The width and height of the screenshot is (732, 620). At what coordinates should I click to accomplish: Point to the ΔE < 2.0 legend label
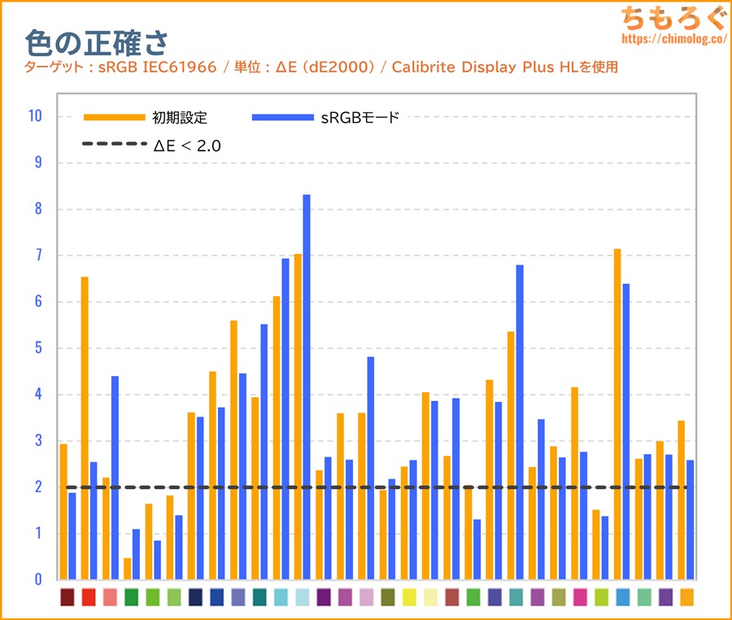click(187, 146)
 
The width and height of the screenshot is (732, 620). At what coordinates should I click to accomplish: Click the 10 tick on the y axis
click(34, 116)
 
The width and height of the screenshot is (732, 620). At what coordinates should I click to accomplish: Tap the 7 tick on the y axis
click(37, 255)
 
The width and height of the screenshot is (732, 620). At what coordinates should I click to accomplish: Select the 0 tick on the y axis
click(37, 579)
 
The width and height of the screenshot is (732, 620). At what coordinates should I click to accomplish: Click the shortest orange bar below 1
click(128, 568)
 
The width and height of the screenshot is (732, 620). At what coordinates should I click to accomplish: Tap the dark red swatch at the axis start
click(68, 597)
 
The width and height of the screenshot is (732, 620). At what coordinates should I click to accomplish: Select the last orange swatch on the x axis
click(686, 597)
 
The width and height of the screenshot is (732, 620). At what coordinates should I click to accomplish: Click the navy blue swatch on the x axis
click(195, 597)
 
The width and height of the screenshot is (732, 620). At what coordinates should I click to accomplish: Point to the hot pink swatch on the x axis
click(580, 597)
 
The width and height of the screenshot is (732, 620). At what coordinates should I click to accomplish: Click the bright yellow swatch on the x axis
click(409, 597)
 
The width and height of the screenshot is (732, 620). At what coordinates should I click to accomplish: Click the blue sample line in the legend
click(282, 118)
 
